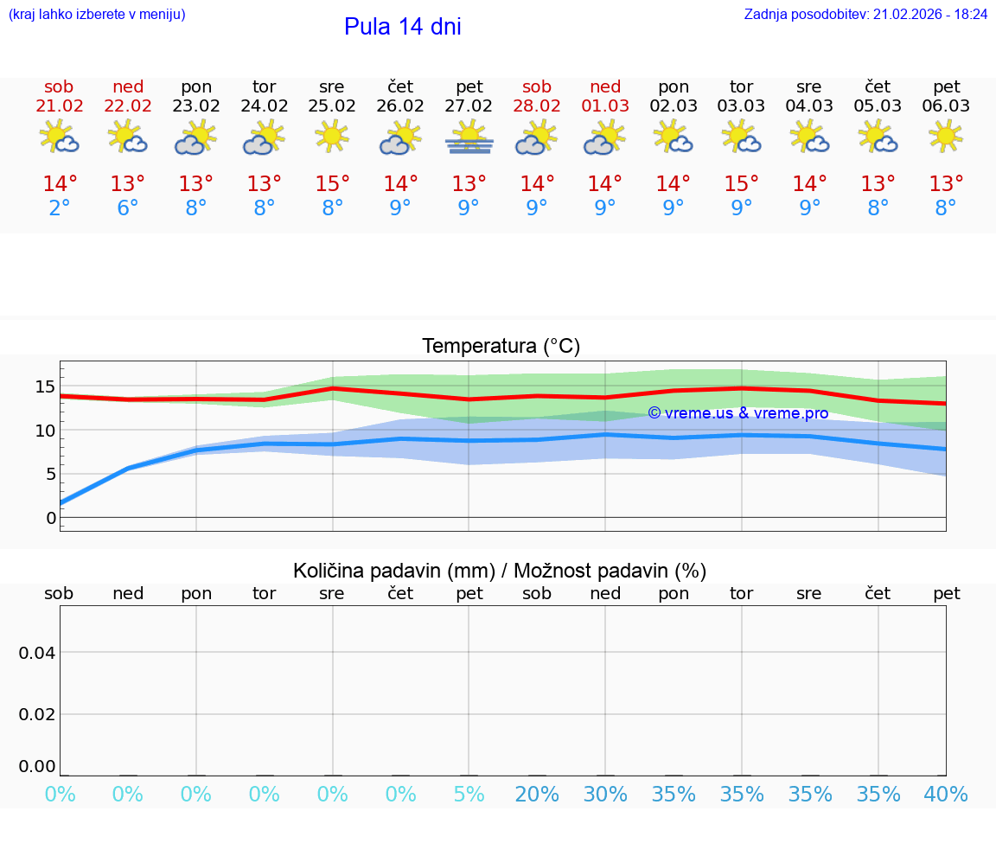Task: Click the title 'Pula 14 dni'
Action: pos(402,27)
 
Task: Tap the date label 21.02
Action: pos(60,106)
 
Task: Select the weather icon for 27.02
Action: pos(469,137)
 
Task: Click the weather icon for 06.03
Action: pos(946,137)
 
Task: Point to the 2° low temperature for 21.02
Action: pos(60,208)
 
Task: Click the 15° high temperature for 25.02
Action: pos(332,184)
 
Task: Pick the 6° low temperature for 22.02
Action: pos(128,208)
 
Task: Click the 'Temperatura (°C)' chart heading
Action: pos(501,347)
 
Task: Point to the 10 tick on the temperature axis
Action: pos(45,431)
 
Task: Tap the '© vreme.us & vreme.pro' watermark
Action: pos(737,413)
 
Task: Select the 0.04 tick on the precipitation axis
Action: pos(37,653)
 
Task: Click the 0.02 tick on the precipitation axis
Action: pos(37,714)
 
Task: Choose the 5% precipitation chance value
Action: pos(469,795)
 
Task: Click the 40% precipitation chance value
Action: pos(946,795)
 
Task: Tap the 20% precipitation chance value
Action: pos(537,795)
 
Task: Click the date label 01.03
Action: pos(605,106)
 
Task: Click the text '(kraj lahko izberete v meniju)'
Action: pos(97,15)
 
